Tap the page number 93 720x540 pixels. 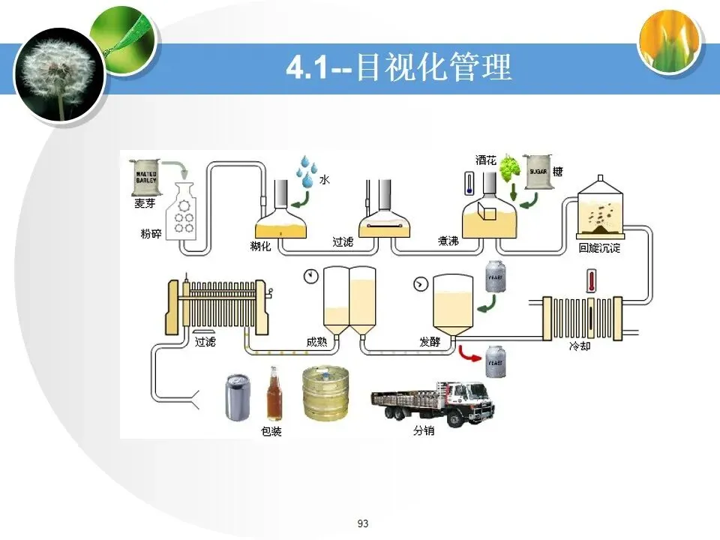364,523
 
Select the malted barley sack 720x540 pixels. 145,178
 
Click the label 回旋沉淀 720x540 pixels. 599,248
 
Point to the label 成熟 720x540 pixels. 317,342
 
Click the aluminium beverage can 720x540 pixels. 237,398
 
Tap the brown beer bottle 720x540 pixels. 274,394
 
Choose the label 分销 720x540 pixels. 423,431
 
